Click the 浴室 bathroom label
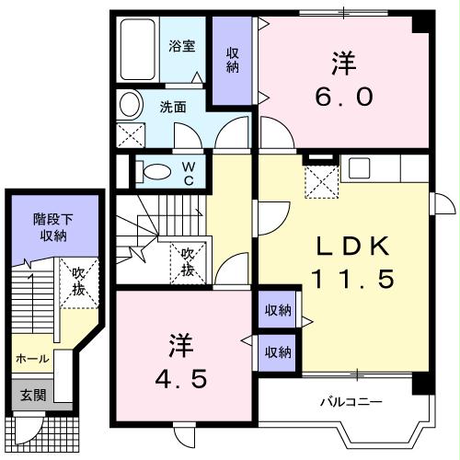[181, 46]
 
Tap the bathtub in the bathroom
[140, 52]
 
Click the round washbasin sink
[131, 104]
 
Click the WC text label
[187, 172]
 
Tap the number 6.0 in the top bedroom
[343, 96]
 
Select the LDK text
[342, 246]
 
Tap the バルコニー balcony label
[351, 402]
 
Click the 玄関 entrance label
[33, 394]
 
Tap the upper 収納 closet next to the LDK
[277, 311]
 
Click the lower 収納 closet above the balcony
[277, 351]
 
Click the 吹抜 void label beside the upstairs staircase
[188, 261]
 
